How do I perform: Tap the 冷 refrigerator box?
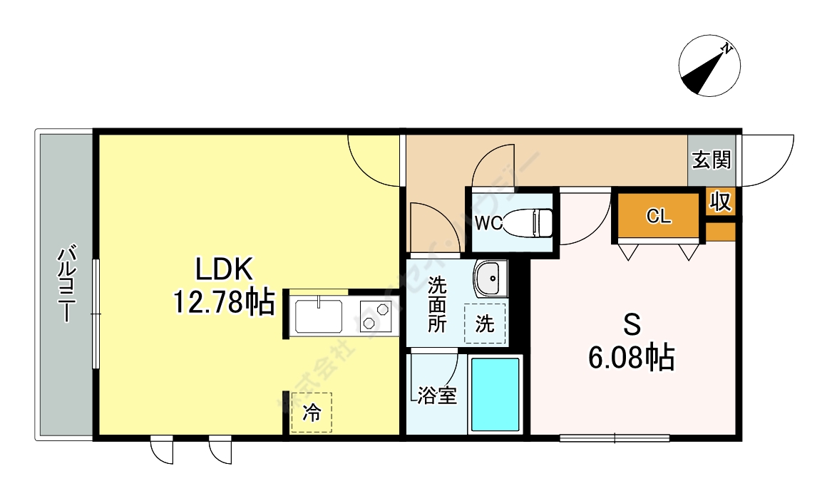pyautogui.click(x=312, y=413)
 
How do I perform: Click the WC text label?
pyautogui.click(x=488, y=223)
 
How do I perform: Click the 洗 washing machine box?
pyautogui.click(x=485, y=324)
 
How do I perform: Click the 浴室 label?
pyautogui.click(x=437, y=396)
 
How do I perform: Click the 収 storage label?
pyautogui.click(x=721, y=202)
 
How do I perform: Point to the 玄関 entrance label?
pyautogui.click(x=712, y=160)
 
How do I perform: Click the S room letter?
pyautogui.click(x=632, y=325)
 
